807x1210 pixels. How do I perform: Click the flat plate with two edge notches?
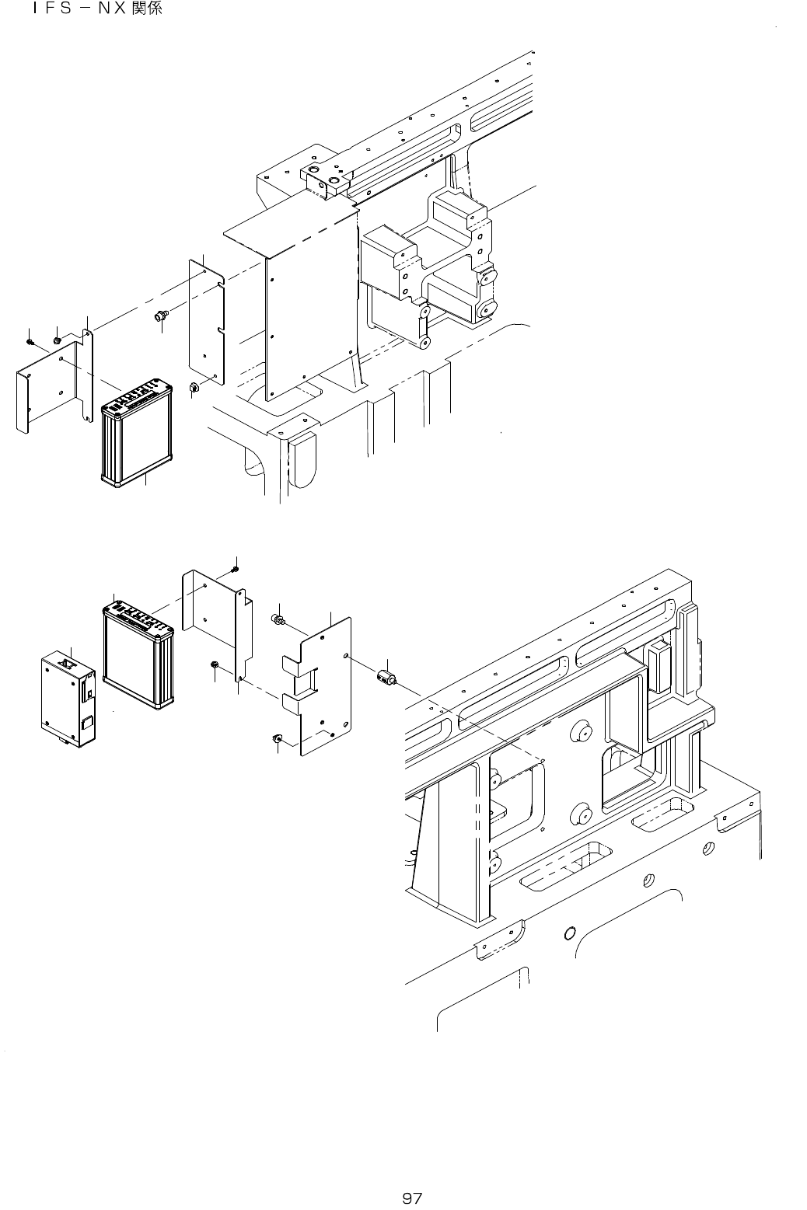point(207,323)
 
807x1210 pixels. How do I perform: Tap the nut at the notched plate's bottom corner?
point(195,386)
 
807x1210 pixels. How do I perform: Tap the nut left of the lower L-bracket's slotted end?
point(213,665)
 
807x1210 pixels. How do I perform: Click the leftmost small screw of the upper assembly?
point(30,341)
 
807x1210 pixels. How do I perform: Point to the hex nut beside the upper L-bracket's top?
point(58,340)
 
